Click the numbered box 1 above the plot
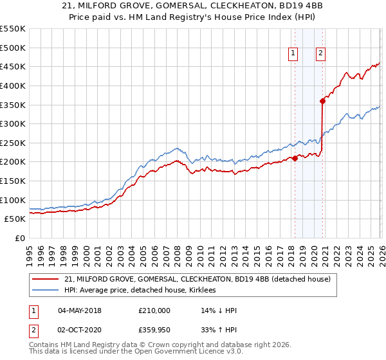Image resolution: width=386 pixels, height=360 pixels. (x=293, y=54)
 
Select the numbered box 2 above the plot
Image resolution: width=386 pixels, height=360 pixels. (x=320, y=54)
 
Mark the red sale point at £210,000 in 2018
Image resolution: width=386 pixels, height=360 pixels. (x=295, y=158)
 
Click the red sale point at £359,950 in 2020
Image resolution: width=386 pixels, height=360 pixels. (x=323, y=101)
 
